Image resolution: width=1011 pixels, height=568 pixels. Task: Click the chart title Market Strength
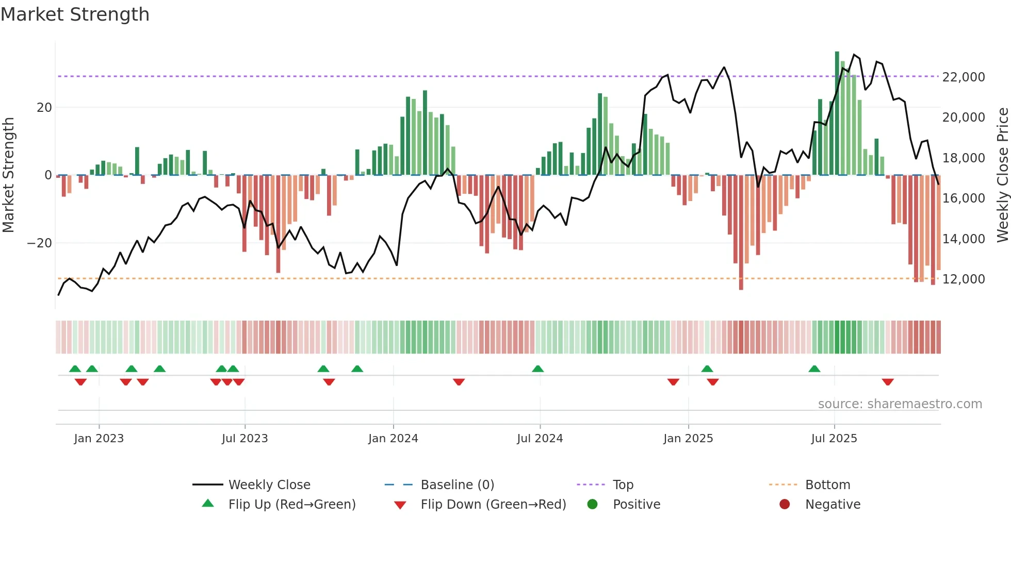coord(75,14)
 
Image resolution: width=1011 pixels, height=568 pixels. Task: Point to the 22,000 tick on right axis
coord(963,77)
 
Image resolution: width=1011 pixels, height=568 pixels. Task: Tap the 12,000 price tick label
coord(963,279)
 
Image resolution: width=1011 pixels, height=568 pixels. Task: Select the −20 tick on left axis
coord(40,243)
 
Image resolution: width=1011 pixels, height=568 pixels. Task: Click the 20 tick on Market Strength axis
coord(44,108)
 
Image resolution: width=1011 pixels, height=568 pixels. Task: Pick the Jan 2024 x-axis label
coord(393,439)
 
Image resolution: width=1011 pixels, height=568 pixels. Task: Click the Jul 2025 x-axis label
coord(834,439)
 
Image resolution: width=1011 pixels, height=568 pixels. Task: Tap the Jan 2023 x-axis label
coord(99,439)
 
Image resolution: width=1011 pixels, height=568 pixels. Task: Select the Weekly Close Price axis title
coord(1002,175)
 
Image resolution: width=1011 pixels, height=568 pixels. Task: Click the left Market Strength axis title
coord(8,175)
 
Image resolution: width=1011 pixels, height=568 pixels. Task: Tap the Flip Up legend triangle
coord(208,504)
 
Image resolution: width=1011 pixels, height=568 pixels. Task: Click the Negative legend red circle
coord(785,505)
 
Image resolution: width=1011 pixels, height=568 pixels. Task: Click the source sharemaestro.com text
coord(900,404)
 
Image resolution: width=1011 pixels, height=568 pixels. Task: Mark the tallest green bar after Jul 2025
coord(837,113)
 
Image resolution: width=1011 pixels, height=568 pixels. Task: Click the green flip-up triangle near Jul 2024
coord(537,369)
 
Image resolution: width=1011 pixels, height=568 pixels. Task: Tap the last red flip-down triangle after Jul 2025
coord(888,382)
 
